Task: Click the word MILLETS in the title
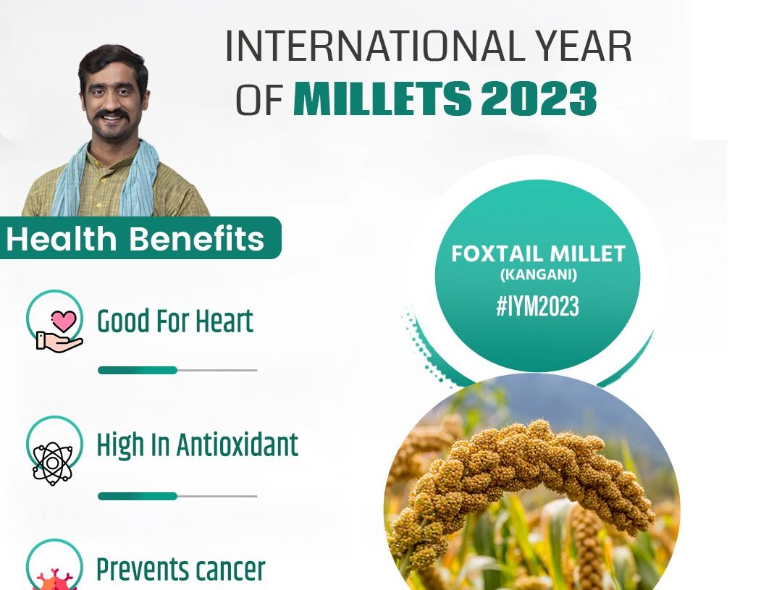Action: tap(382, 98)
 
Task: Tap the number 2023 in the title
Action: tap(539, 98)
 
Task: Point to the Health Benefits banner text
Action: tap(135, 238)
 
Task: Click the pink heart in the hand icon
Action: tap(64, 321)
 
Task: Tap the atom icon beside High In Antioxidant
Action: tap(52, 464)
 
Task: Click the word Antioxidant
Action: tap(237, 444)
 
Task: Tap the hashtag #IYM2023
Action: tap(537, 305)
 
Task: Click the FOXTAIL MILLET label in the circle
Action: tap(538, 254)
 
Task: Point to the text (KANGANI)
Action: tap(538, 275)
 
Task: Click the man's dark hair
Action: tap(113, 62)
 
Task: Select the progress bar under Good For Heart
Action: tap(177, 370)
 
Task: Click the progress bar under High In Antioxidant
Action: tap(177, 496)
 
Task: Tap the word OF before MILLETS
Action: tap(259, 100)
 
